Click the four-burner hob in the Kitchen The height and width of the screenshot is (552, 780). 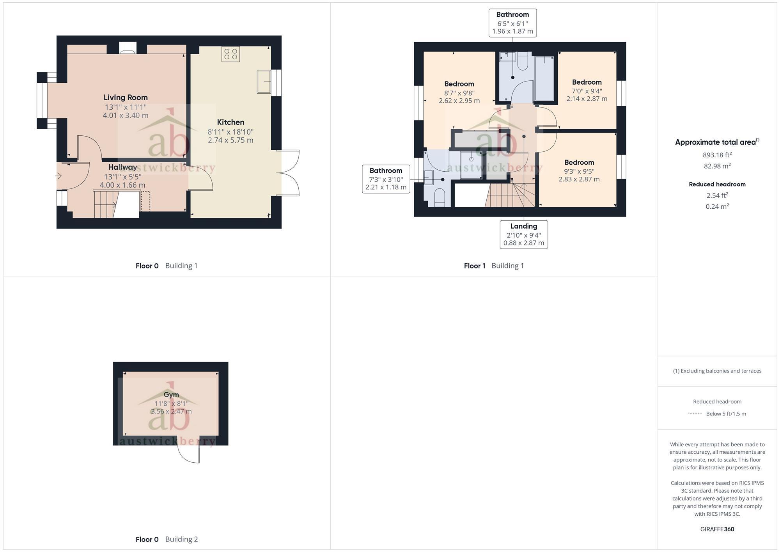230,54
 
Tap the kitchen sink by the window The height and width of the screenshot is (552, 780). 264,82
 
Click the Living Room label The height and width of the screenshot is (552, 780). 126,98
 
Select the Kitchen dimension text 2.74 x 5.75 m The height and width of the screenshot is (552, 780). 230,140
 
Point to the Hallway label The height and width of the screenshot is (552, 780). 122,167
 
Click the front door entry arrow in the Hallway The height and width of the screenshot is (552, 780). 58,176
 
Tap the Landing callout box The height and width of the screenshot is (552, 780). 523,234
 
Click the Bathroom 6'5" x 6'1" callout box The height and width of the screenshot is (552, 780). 512,23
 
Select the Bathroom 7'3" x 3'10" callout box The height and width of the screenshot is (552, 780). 386,179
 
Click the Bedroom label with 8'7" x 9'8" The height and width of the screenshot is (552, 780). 459,84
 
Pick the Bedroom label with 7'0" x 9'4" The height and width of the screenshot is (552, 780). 587,82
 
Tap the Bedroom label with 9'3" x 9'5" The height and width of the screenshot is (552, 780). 579,163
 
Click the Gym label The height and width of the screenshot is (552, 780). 171,394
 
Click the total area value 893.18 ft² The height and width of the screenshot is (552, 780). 717,155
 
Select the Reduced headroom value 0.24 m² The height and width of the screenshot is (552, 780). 717,206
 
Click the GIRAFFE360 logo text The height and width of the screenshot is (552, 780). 717,529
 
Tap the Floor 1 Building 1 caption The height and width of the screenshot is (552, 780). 494,266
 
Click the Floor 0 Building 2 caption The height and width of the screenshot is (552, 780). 167,539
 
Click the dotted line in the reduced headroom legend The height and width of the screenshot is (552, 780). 695,414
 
